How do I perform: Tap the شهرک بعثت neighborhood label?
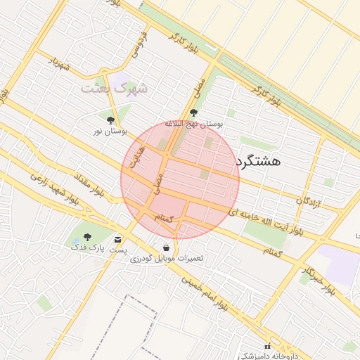pos(115,89)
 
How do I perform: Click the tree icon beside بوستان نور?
pos(111,120)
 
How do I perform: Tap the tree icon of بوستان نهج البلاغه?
pos(193,112)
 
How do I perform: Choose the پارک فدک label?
pos(87,247)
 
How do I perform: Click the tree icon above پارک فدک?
pos(87,237)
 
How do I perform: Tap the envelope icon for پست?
pos(117,240)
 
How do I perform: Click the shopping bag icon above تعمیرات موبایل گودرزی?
pos(166,248)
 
